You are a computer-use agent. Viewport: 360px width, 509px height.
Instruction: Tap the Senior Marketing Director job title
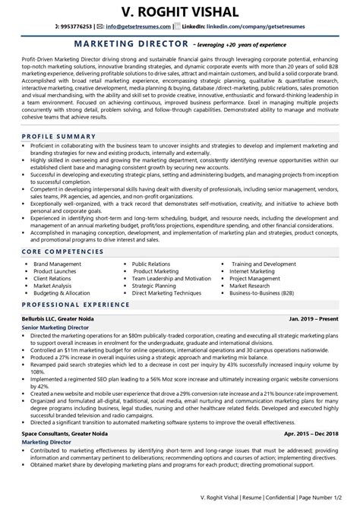click(52, 327)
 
